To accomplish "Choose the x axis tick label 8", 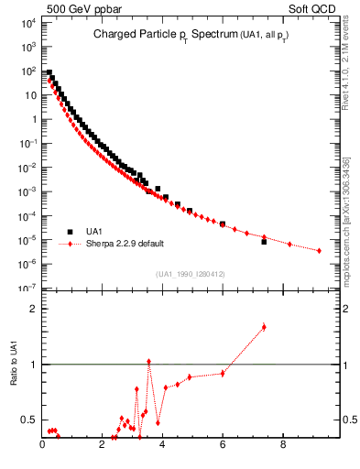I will click(x=283, y=446).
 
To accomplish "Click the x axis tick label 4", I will click(x=163, y=446).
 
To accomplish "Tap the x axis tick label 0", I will click(x=43, y=446).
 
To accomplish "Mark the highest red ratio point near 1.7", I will click(x=264, y=326).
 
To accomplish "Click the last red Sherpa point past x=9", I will click(x=319, y=250).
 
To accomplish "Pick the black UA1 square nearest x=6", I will click(x=223, y=224).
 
